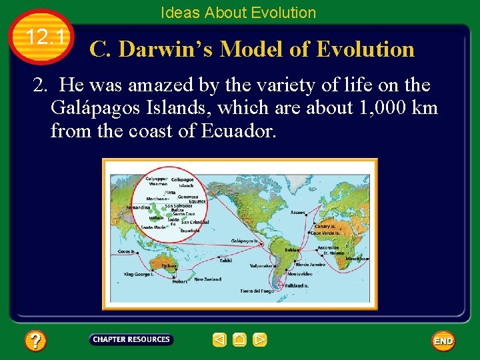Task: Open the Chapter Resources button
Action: tap(131, 340)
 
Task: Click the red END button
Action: tap(443, 341)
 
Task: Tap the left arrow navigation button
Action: tap(219, 340)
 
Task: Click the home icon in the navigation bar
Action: tap(240, 340)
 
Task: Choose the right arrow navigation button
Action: tap(260, 340)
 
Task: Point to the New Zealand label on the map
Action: tap(208, 279)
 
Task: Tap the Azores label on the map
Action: tap(297, 212)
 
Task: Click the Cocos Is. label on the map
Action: tap(125, 252)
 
